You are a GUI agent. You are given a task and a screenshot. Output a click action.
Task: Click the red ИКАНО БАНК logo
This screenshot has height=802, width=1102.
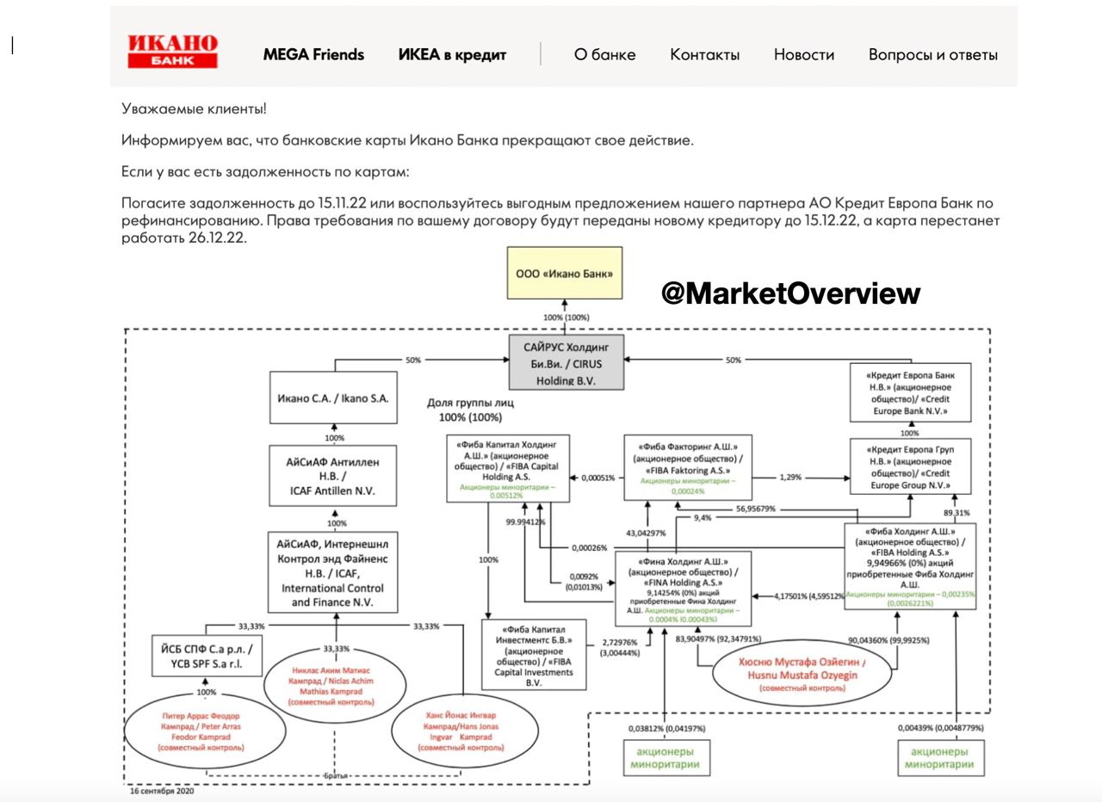172,52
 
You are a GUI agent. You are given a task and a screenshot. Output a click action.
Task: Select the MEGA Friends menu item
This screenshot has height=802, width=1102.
313,55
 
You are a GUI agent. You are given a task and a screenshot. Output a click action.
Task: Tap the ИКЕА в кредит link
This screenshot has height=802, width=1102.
452,55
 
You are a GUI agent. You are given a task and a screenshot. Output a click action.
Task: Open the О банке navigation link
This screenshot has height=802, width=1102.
604,55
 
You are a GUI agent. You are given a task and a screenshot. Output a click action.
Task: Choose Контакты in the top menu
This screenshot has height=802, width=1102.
704,55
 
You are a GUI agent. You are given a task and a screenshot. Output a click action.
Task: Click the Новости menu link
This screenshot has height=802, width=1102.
803,55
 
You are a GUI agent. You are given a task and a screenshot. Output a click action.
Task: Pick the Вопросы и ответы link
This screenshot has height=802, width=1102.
932,55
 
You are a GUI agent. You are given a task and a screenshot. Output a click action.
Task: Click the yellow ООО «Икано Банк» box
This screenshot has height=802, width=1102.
564,274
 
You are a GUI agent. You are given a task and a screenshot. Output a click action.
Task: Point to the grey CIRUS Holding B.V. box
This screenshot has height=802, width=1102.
565,361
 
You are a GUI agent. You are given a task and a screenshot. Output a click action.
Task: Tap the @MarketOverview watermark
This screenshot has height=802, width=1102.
790,293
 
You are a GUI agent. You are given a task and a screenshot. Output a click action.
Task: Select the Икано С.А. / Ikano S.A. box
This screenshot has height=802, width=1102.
334,398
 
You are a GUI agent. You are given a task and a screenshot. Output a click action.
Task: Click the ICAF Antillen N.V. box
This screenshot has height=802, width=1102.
332,476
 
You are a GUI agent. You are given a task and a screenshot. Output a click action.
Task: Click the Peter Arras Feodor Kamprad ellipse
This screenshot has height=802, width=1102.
201,732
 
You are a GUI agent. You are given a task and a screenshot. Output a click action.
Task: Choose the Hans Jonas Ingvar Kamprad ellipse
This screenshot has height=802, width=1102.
461,731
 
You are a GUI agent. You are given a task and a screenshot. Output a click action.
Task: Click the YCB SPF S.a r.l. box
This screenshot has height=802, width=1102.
207,654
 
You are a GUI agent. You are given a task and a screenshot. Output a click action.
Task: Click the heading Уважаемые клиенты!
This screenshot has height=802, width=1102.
194,109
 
